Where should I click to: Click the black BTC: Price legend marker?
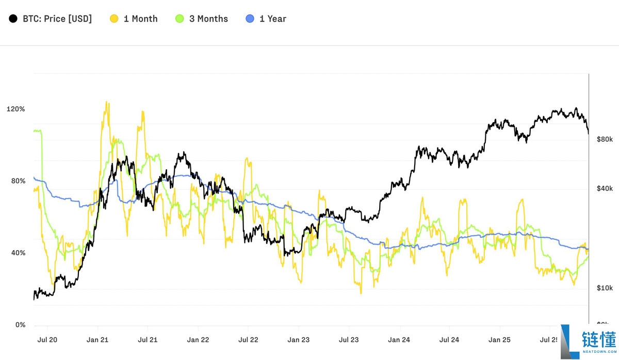pos(12,19)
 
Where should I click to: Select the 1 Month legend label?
pos(140,19)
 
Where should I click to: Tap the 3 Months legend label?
pos(208,19)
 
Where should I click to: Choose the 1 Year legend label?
pos(273,19)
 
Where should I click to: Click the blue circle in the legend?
pos(250,19)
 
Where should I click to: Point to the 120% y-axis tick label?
pos(15,109)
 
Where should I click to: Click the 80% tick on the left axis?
pos(18,181)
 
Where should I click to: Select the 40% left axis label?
pos(18,253)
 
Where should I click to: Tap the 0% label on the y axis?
pos(20,325)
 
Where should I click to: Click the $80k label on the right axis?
pos(604,139)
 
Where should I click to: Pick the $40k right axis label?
pos(604,189)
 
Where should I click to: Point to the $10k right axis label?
pos(604,288)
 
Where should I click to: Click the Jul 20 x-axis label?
pos(47,340)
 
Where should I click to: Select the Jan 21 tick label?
pos(97,340)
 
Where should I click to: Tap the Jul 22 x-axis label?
pos(248,340)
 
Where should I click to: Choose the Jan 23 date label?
pos(298,340)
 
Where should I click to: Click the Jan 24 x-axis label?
pos(399,340)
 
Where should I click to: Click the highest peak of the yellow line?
pos(107,102)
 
